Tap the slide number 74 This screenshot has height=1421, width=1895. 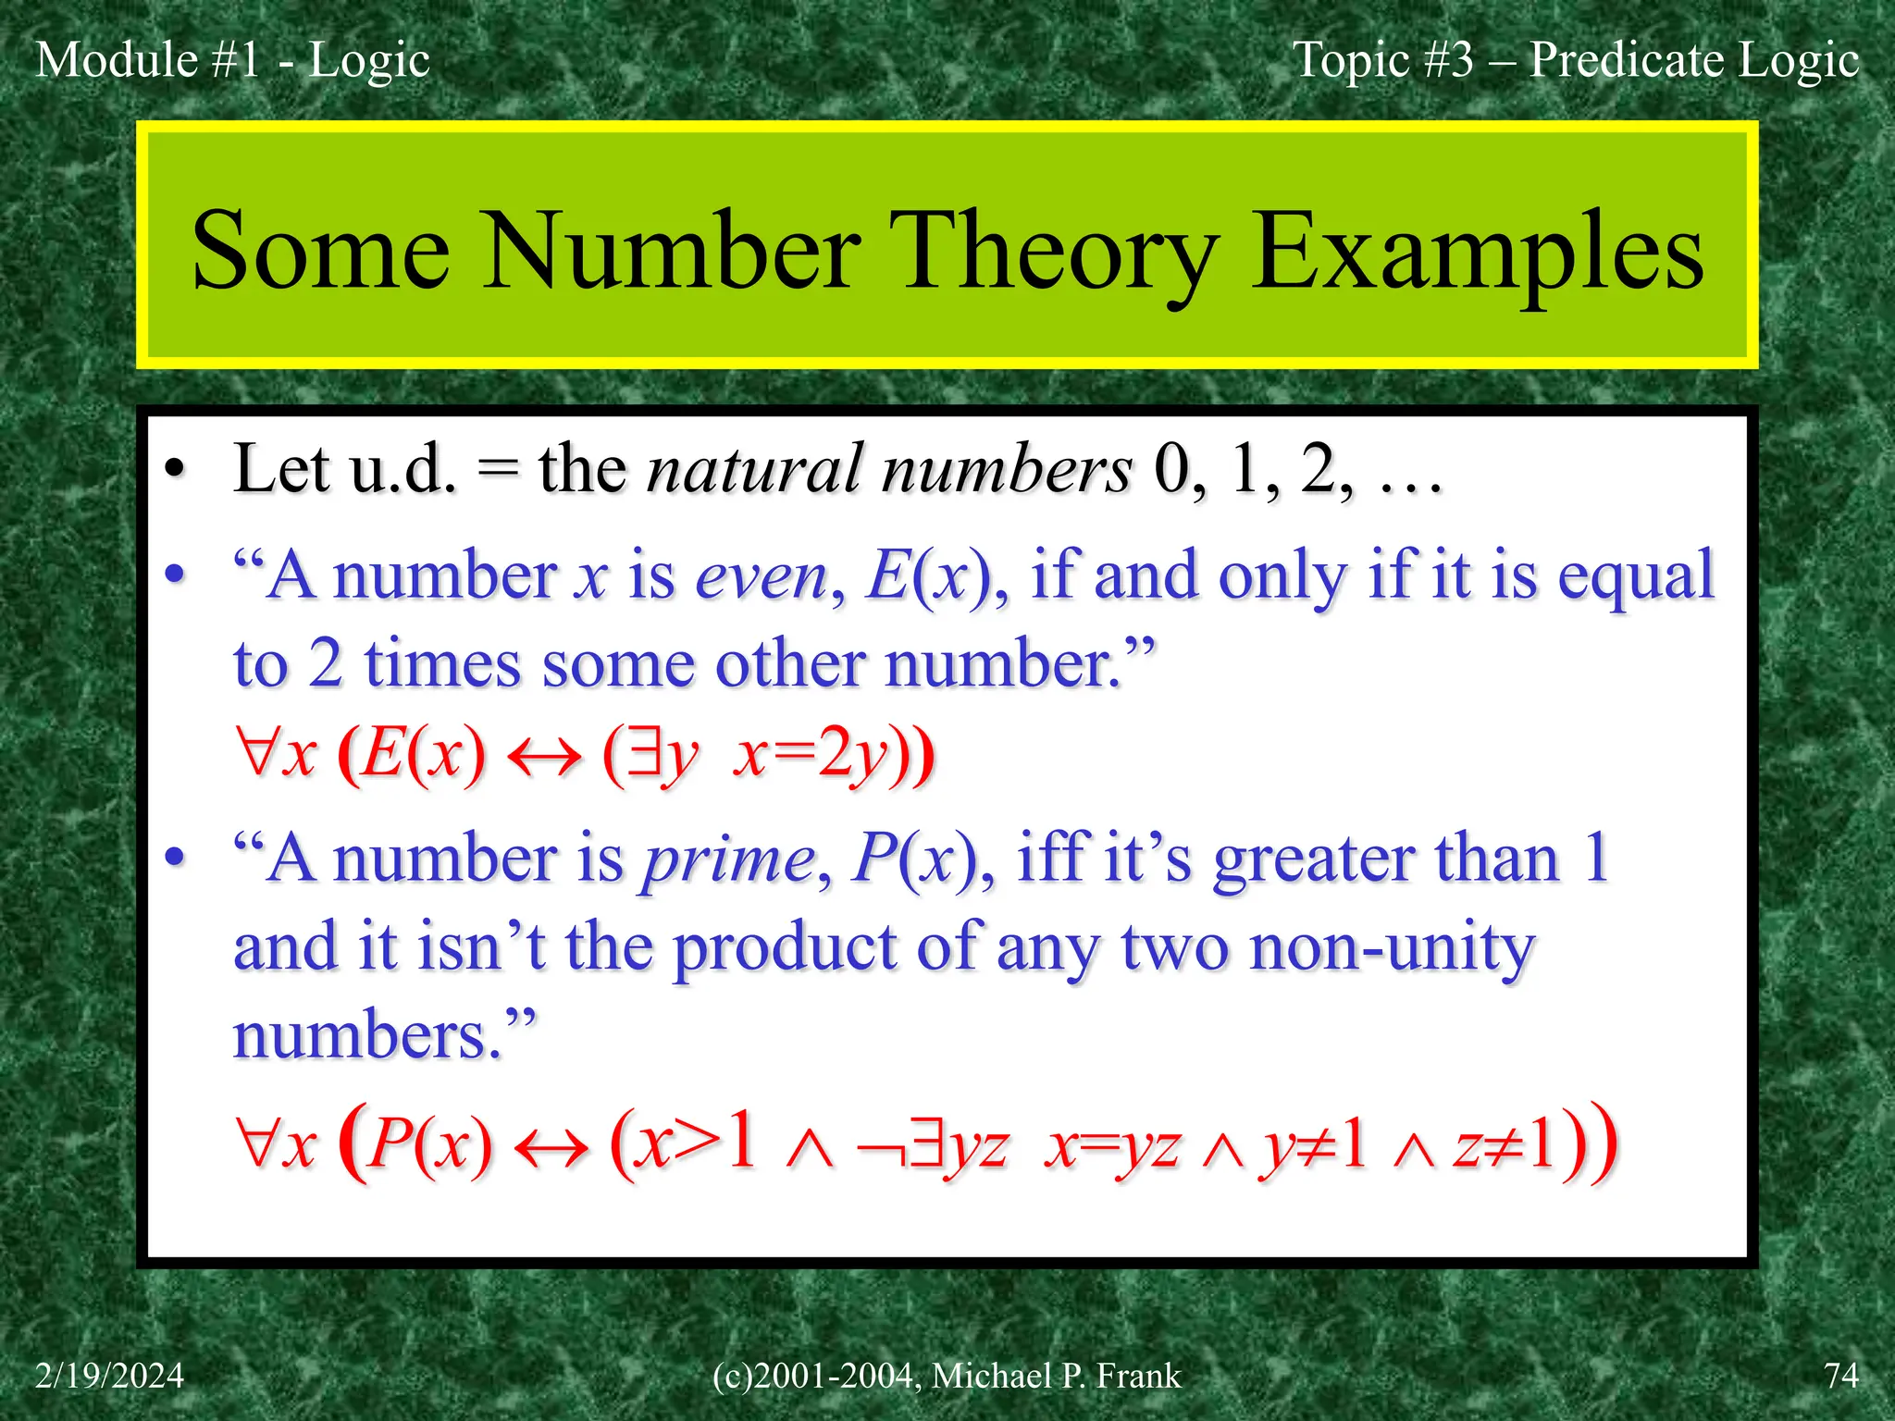[x=1840, y=1376]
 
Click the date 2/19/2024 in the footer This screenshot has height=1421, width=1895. [x=109, y=1376]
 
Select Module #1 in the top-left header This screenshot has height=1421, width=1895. [x=148, y=60]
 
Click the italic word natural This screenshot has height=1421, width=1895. [x=755, y=469]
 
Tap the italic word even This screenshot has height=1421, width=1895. [x=761, y=577]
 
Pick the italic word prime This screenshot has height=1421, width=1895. [x=728, y=859]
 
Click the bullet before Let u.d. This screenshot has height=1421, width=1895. [x=175, y=470]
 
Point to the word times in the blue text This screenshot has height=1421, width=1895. [x=442, y=664]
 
